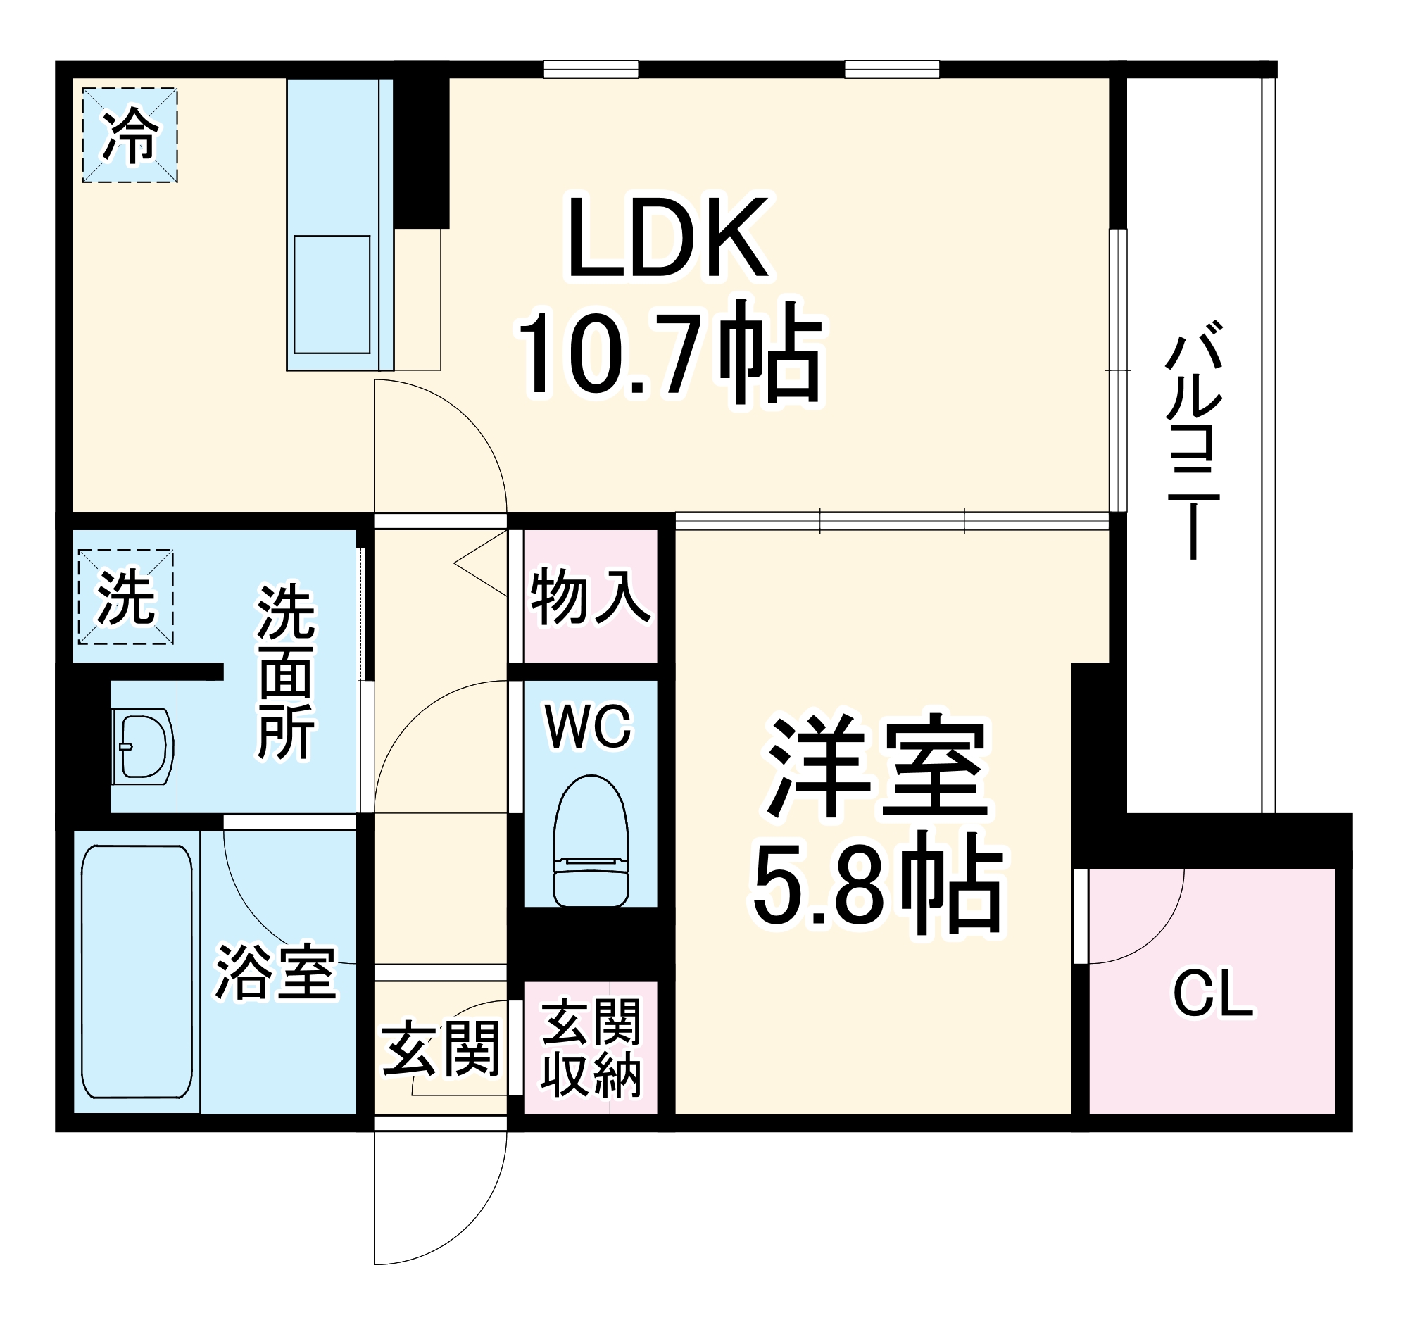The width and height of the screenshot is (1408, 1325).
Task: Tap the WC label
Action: (x=588, y=727)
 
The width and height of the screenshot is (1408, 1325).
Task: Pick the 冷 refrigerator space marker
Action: (x=130, y=134)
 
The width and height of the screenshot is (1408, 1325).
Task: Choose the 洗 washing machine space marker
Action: (x=125, y=597)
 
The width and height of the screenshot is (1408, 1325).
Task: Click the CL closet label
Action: (x=1212, y=994)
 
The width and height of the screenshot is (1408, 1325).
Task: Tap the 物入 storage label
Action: (x=589, y=598)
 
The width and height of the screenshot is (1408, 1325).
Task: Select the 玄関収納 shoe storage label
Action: (x=591, y=1048)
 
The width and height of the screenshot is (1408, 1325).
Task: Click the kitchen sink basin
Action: (x=332, y=294)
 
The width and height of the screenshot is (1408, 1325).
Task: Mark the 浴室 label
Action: (x=275, y=972)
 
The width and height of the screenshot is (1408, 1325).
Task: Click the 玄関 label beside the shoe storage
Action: (x=441, y=1049)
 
